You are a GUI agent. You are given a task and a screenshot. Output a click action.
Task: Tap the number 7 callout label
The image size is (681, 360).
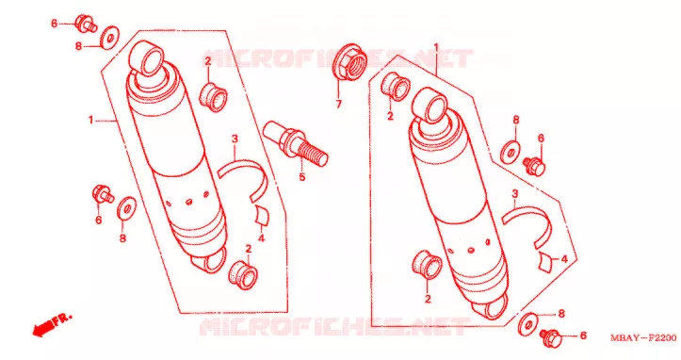tap(338, 104)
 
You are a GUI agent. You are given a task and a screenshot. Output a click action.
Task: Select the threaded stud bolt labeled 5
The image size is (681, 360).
tap(296, 142)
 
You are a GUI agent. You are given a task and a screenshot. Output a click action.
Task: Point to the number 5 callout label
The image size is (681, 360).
tap(301, 177)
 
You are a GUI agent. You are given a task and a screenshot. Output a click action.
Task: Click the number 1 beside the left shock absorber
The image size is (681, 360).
tap(90, 120)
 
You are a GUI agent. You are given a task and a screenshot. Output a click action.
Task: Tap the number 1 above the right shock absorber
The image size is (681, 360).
tap(436, 47)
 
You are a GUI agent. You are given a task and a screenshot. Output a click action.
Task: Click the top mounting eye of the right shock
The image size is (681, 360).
tap(430, 105)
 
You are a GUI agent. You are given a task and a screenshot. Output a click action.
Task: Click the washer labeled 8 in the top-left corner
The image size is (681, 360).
tap(109, 38)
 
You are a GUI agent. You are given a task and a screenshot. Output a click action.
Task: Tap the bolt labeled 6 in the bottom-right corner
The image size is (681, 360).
tap(551, 337)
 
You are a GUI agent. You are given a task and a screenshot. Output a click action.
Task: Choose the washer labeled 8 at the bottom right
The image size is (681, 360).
tap(527, 324)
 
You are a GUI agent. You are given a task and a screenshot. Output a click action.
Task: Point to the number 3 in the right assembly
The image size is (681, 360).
tap(515, 193)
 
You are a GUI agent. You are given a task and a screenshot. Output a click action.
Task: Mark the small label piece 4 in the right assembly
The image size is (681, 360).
tap(546, 261)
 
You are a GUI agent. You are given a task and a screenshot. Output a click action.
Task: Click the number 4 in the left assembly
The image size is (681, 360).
tap(261, 238)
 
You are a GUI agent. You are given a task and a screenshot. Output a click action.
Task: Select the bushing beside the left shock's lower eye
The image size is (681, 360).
tap(243, 274)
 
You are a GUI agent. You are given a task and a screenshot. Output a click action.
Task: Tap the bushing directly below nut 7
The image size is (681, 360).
tap(396, 87)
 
